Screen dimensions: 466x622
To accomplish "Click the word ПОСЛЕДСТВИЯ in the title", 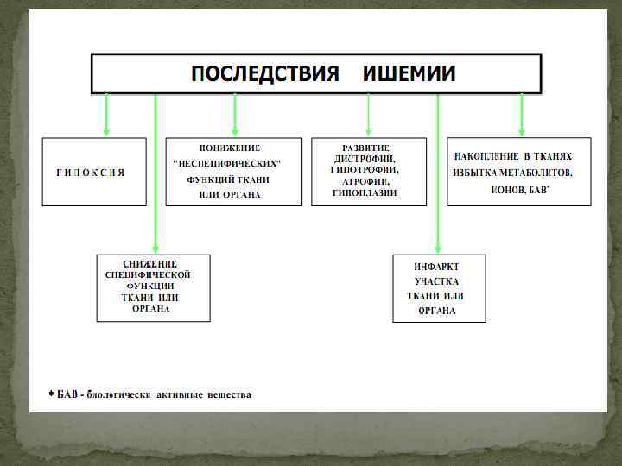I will pyautogui.click(x=264, y=74).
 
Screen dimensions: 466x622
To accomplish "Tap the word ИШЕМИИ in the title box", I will pyautogui.click(x=409, y=74).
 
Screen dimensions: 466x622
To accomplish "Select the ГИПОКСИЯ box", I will pyautogui.click(x=94, y=172).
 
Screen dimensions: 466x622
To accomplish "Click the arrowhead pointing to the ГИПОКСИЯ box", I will pyautogui.click(x=106, y=131).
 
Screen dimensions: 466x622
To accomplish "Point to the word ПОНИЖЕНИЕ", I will pyautogui.click(x=230, y=148).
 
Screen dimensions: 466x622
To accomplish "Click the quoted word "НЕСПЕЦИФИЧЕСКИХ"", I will pyautogui.click(x=229, y=164).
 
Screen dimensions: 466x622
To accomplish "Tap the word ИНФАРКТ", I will pyautogui.click(x=436, y=267).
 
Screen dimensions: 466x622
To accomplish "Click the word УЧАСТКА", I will pyautogui.click(x=436, y=281).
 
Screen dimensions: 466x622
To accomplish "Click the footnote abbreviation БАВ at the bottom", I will pyautogui.click(x=67, y=395).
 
